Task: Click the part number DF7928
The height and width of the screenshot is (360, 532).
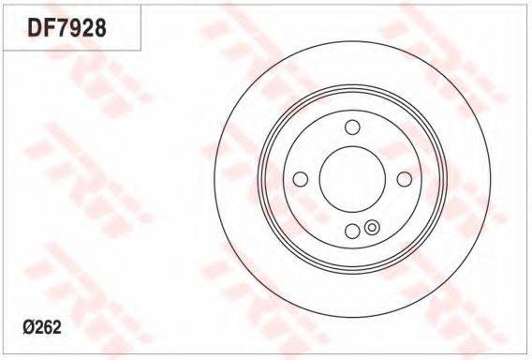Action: pyautogui.click(x=66, y=27)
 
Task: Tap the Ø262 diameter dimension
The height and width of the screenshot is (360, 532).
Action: pyautogui.click(x=42, y=327)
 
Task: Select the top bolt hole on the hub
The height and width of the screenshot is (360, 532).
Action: pyautogui.click(x=352, y=127)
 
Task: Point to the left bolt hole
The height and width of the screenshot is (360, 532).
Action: pyautogui.click(x=301, y=179)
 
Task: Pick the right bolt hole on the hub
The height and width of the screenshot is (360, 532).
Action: pyautogui.click(x=404, y=179)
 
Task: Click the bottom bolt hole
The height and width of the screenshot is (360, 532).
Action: pyautogui.click(x=352, y=231)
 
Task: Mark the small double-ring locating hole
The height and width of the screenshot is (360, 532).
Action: pyautogui.click(x=372, y=227)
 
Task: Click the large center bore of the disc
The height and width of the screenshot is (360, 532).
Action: pyautogui.click(x=352, y=179)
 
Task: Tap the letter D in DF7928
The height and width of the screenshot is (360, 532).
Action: pyautogui.click(x=35, y=27)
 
